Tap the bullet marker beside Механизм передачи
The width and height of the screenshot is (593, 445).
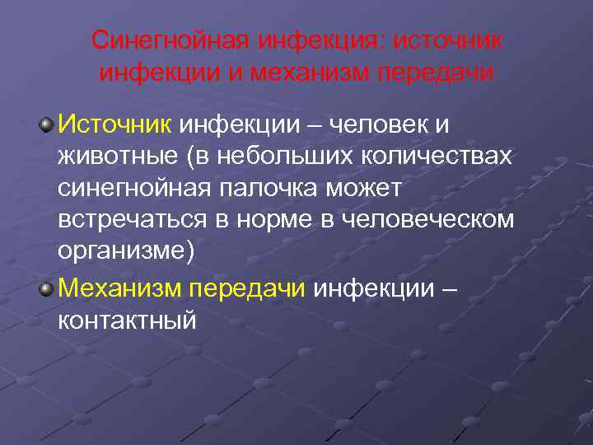(x=48, y=288)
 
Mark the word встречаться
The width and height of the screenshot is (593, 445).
(x=132, y=220)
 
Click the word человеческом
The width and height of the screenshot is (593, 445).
(x=436, y=220)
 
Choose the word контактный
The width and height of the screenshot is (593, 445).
(x=128, y=320)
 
